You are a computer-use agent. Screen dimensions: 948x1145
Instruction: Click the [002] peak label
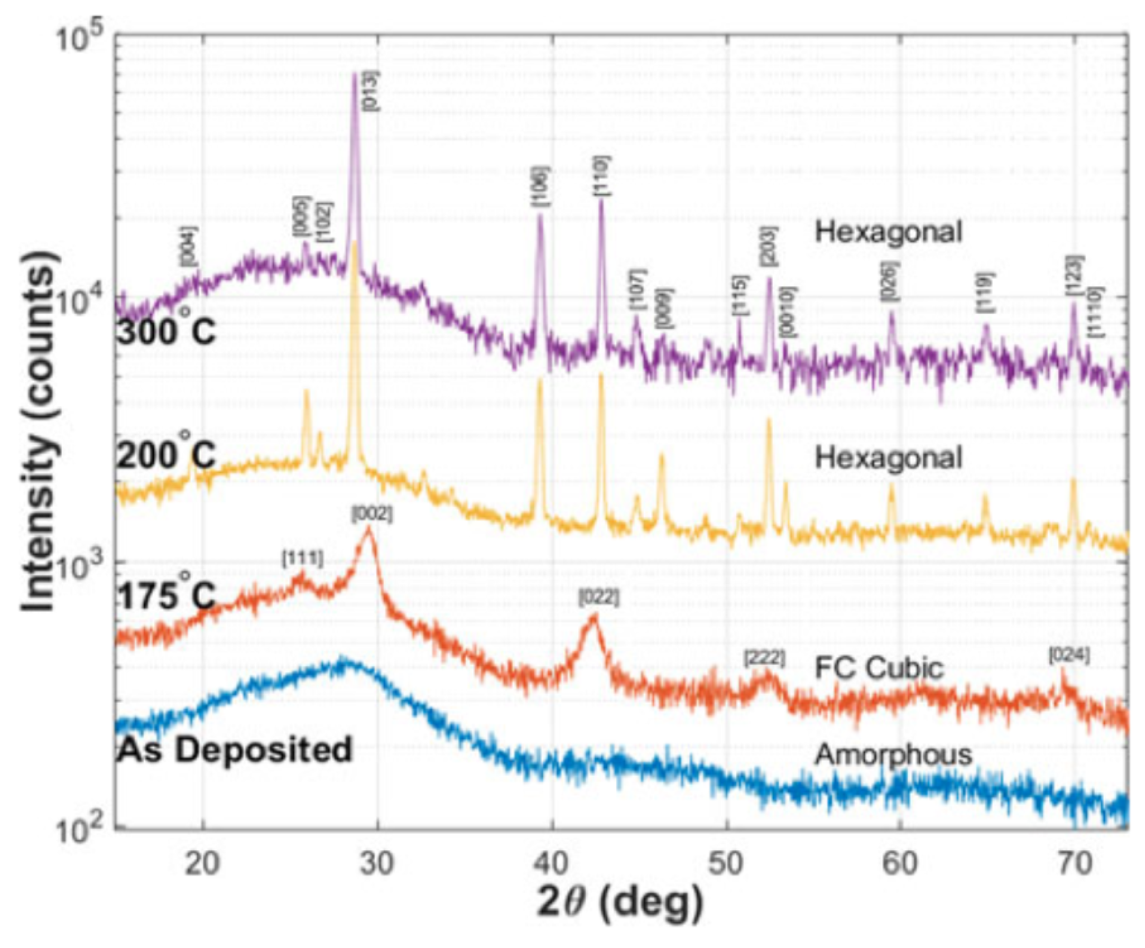(x=372, y=514)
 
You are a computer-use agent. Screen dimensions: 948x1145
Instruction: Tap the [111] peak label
(x=303, y=558)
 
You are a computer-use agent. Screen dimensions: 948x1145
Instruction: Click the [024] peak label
(x=1069, y=656)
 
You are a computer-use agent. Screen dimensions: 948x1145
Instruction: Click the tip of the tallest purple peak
(x=355, y=74)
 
